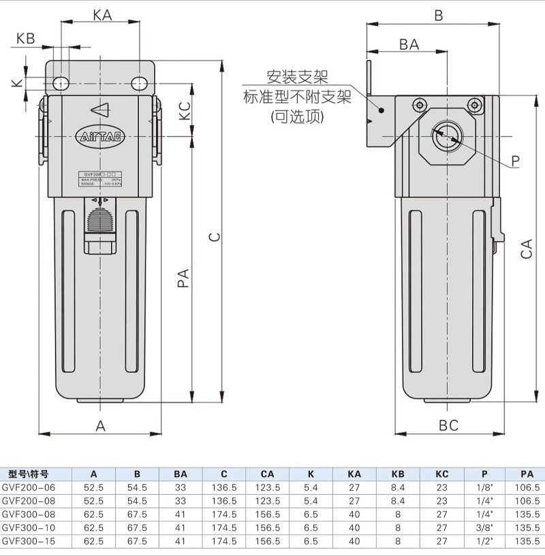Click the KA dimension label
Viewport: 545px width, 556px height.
click(x=102, y=14)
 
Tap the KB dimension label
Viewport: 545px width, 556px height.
click(x=25, y=39)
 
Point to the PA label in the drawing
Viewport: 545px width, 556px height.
click(x=183, y=278)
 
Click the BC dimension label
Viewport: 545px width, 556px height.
click(x=448, y=425)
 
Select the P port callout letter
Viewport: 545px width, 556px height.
click(x=515, y=161)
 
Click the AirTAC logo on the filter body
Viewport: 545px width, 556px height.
click(x=100, y=136)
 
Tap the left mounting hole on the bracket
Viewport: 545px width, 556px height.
click(x=61, y=83)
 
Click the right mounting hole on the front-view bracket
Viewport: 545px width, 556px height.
click(x=139, y=83)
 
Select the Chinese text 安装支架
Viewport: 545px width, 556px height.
click(x=298, y=78)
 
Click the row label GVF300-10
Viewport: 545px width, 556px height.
click(x=28, y=527)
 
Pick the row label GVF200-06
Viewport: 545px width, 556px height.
click(x=28, y=487)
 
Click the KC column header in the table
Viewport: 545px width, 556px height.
click(x=441, y=474)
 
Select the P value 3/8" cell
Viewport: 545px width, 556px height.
click(x=484, y=527)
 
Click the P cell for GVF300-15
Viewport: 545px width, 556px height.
click(x=484, y=541)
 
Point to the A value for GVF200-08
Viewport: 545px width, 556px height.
click(x=93, y=501)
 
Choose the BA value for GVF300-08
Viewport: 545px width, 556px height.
click(x=180, y=514)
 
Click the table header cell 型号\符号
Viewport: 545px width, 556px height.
click(x=28, y=474)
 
